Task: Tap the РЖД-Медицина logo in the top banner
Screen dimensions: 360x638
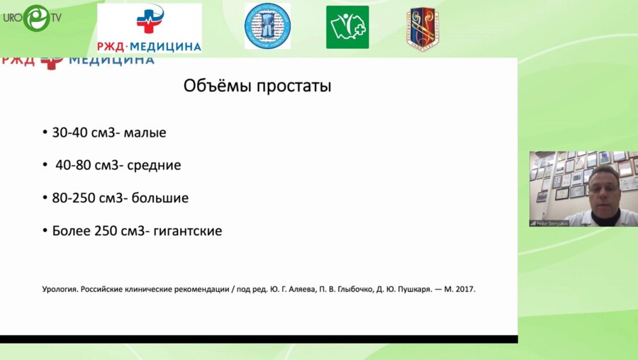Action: [x=150, y=28]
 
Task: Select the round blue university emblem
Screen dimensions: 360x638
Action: [x=267, y=26]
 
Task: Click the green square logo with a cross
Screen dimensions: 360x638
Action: [x=347, y=27]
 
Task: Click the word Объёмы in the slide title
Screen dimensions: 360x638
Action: [x=213, y=86]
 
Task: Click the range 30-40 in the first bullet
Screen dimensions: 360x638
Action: [x=67, y=133]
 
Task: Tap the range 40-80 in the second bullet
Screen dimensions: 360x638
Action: [x=71, y=165]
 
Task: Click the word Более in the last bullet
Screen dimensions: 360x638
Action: [x=71, y=231]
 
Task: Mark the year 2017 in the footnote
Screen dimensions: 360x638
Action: [x=464, y=290]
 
